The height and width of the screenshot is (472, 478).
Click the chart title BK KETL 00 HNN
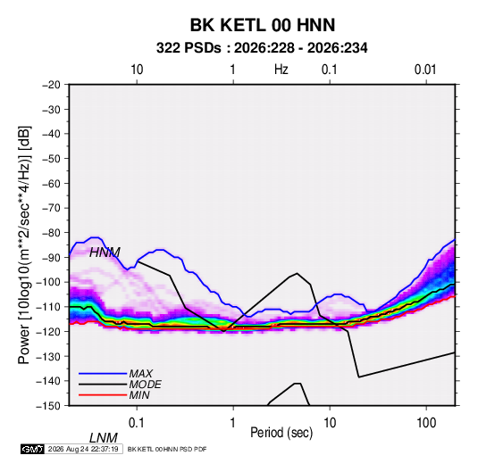(x=263, y=25)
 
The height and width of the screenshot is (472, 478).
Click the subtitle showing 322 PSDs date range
(x=262, y=48)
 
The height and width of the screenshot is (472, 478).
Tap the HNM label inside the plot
(x=105, y=253)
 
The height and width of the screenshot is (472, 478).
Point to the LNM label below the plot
(x=104, y=438)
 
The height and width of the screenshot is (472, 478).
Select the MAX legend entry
(x=140, y=373)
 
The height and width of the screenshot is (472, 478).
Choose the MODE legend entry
(x=145, y=385)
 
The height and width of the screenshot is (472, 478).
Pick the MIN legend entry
(x=139, y=395)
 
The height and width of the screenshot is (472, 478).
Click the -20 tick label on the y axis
(x=51, y=85)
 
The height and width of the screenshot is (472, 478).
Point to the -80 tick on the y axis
(x=51, y=233)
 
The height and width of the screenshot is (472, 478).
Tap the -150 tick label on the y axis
(x=48, y=406)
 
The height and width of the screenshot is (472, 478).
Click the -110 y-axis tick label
(x=48, y=307)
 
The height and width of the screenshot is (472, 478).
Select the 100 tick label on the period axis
(x=426, y=423)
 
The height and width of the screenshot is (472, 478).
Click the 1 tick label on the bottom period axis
(x=232, y=423)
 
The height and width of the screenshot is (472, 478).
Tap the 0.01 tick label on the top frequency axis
(x=425, y=70)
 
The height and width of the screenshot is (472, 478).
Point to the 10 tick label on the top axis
(x=137, y=70)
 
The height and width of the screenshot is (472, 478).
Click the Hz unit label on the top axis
(x=281, y=70)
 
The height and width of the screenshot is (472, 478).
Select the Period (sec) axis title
(x=281, y=433)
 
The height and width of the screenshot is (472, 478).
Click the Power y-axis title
(x=24, y=245)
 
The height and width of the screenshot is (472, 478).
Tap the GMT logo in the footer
(x=33, y=449)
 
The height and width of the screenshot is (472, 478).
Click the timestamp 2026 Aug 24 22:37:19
(x=83, y=449)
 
